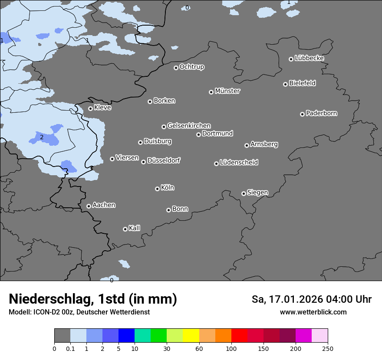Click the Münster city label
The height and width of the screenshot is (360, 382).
(227, 91)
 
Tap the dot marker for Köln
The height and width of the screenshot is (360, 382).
(157, 189)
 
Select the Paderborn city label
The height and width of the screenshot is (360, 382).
(322, 113)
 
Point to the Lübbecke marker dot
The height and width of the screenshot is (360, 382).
(291, 59)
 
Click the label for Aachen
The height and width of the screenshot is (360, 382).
(104, 205)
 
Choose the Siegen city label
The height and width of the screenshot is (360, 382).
(257, 192)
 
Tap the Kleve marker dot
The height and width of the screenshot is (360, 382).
(90, 108)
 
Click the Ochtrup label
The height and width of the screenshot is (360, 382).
(192, 67)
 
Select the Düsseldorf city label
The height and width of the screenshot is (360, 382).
(164, 160)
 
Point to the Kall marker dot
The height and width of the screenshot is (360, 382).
(125, 229)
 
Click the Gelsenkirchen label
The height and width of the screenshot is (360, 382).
(189, 126)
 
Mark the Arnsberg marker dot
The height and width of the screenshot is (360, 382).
(247, 145)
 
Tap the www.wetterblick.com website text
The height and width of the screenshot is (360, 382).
(313, 312)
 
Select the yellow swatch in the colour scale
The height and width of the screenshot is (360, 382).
(191, 336)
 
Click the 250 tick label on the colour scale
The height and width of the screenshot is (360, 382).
(328, 348)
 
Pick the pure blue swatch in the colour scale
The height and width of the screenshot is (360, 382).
(126, 336)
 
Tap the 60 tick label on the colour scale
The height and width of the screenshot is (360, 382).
(199, 348)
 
